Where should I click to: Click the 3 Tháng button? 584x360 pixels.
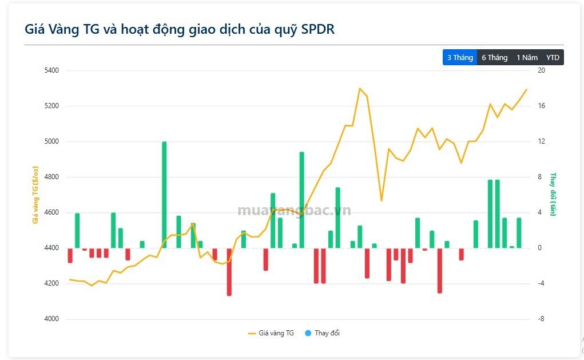pyautogui.click(x=459, y=57)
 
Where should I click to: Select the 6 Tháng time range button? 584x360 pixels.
pyautogui.click(x=494, y=57)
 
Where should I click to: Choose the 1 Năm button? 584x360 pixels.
pyautogui.click(x=527, y=57)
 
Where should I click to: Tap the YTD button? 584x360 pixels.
pyautogui.click(x=553, y=57)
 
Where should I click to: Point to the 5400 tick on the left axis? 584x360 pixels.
pyautogui.click(x=51, y=70)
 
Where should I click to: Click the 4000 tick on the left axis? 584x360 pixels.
pyautogui.click(x=51, y=319)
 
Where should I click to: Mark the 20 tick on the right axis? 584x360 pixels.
pyautogui.click(x=541, y=70)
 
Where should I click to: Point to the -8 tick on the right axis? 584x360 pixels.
pyautogui.click(x=542, y=319)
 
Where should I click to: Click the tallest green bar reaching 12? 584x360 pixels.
pyautogui.click(x=164, y=195)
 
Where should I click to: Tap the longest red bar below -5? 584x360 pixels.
pyautogui.click(x=229, y=272)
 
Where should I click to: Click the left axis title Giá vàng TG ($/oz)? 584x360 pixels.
pyautogui.click(x=35, y=195)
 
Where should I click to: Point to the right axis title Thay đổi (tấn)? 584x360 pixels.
pyautogui.click(x=553, y=195)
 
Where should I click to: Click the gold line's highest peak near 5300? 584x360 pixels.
pyautogui.click(x=360, y=88)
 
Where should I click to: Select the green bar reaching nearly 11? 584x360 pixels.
pyautogui.click(x=302, y=200)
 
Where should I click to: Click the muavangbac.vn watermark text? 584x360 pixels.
pyautogui.click(x=294, y=211)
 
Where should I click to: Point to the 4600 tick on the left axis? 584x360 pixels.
pyautogui.click(x=51, y=212)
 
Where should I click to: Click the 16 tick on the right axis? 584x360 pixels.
pyautogui.click(x=541, y=106)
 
